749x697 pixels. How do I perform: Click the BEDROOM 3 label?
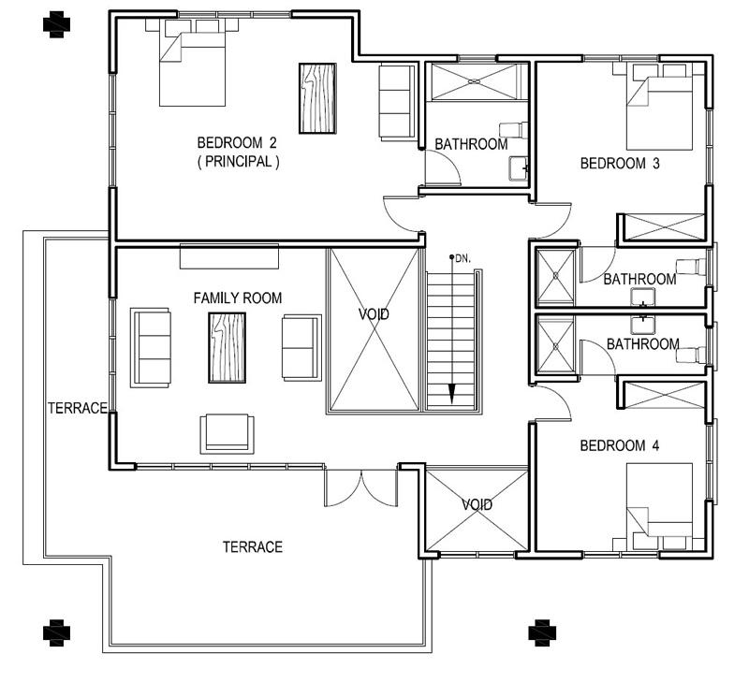(x=620, y=164)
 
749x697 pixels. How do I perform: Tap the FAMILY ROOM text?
(x=237, y=298)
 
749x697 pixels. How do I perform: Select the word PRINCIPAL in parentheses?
(x=237, y=161)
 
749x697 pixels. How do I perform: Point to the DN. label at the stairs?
(x=462, y=257)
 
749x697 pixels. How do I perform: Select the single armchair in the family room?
(x=226, y=432)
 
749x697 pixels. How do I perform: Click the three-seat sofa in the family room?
(x=152, y=348)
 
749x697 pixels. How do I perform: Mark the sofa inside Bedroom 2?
(x=395, y=102)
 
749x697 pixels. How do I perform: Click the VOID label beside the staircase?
(x=373, y=315)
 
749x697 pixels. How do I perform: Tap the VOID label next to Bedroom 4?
(x=477, y=505)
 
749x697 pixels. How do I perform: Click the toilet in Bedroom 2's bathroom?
(x=514, y=129)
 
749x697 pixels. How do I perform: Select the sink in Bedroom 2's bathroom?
(x=519, y=168)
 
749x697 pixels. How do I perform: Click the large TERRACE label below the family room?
(x=252, y=547)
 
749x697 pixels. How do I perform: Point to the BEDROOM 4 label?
(x=620, y=445)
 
